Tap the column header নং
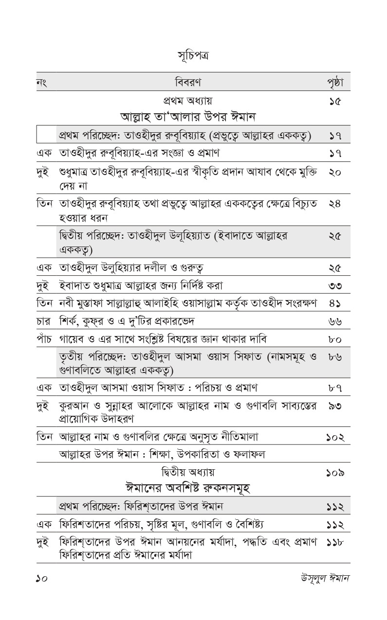pos(42,82)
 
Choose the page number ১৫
pos(335,102)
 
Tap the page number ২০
pos(335,174)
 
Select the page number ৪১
pos(335,303)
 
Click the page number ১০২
pos(335,437)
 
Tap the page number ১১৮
pos(335,542)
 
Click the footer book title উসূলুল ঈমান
pos(326,579)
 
